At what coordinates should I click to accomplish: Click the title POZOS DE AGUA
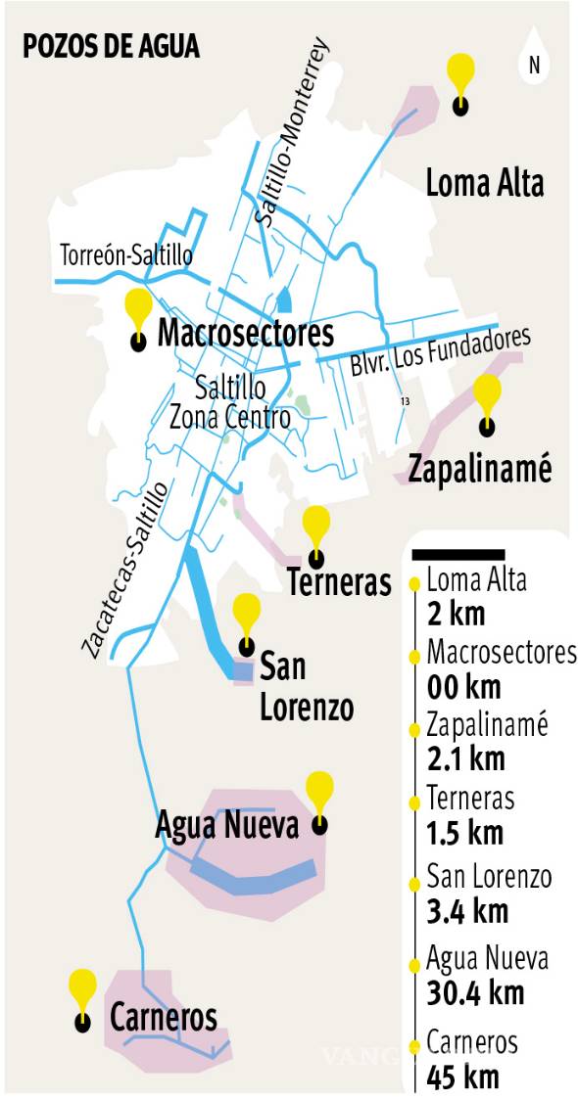(111, 46)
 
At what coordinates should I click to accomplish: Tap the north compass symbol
(534, 65)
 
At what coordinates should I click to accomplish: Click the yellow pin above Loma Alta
(459, 74)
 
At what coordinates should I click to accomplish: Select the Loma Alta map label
(484, 183)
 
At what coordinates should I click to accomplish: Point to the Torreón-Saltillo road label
(126, 255)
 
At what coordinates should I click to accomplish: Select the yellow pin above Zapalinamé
(486, 393)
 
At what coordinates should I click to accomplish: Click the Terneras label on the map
(339, 583)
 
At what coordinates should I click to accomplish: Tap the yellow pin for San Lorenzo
(247, 615)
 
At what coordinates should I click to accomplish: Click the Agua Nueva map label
(226, 825)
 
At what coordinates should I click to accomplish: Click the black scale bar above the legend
(458, 554)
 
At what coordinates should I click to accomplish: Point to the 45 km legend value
(462, 1077)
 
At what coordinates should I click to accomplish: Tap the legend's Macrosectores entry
(501, 653)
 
